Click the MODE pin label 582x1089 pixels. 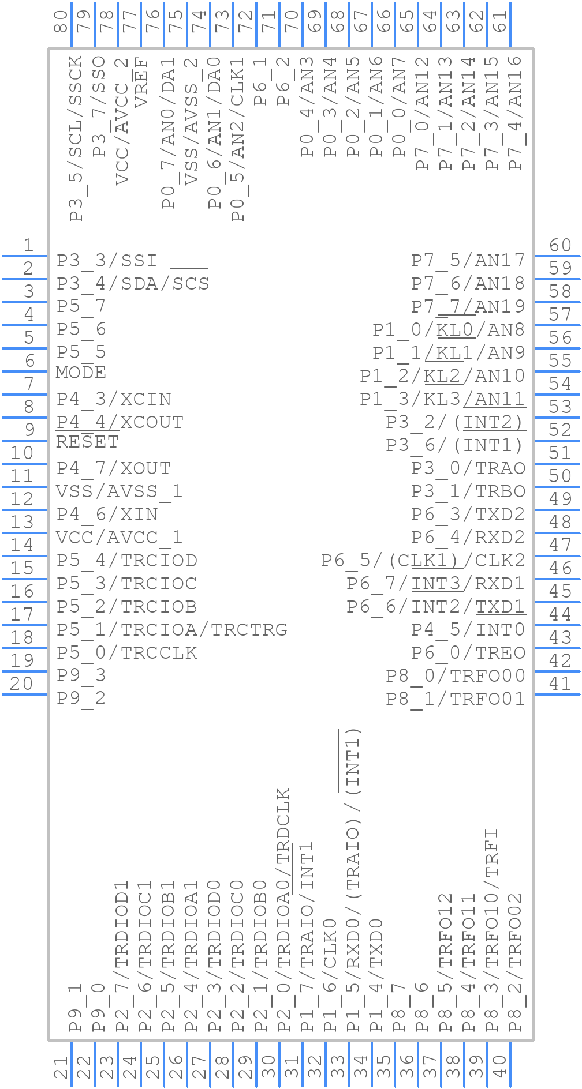pos(81,373)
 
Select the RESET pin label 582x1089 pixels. pos(87,442)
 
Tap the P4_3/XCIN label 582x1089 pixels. pos(114,399)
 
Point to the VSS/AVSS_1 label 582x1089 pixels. pos(119,491)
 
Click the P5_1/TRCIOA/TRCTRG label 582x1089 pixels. pos(171,629)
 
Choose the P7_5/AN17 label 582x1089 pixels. pos(468,260)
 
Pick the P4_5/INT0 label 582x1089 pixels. pos(468,629)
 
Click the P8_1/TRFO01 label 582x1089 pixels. pos(455,699)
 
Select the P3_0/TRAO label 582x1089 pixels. pos(468,468)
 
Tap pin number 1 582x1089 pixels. pos(28,246)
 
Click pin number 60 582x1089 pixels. pos(559,246)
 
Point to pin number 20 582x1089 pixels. pos(21,684)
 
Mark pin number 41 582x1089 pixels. pos(559,684)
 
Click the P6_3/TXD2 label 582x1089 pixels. pos(468,514)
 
